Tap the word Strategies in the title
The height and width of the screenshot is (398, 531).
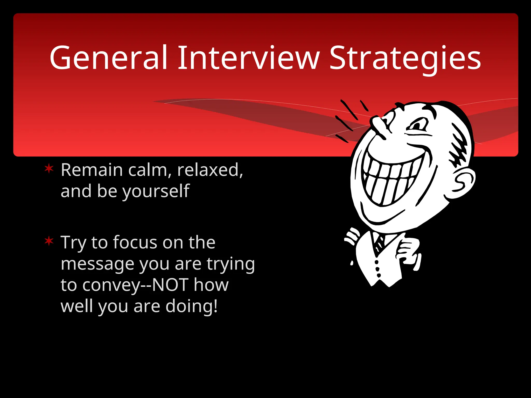[405, 58]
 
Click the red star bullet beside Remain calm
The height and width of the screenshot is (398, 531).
[49, 169]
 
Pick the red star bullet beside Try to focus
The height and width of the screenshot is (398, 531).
[49, 241]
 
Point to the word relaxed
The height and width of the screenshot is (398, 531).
[210, 170]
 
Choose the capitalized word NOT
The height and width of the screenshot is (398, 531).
[170, 285]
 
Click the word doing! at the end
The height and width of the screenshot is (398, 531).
[191, 306]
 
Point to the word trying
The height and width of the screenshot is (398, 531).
[230, 265]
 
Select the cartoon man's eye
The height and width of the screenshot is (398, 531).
[418, 126]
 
